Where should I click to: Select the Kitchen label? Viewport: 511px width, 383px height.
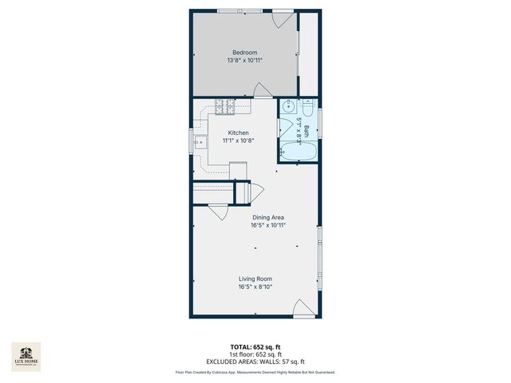(239, 132)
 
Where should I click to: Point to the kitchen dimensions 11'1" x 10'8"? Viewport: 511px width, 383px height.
(239, 140)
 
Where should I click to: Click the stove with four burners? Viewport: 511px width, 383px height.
(222, 106)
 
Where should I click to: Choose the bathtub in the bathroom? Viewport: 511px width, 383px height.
(299, 152)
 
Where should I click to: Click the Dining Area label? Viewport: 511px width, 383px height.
(268, 217)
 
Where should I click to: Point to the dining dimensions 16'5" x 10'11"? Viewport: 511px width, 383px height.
(268, 225)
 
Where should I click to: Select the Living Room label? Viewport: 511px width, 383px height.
(255, 278)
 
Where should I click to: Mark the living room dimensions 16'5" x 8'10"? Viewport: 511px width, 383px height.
(255, 286)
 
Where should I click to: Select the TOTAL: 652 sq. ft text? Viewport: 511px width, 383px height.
(255, 347)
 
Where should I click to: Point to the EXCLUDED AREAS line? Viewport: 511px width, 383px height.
(255, 361)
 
